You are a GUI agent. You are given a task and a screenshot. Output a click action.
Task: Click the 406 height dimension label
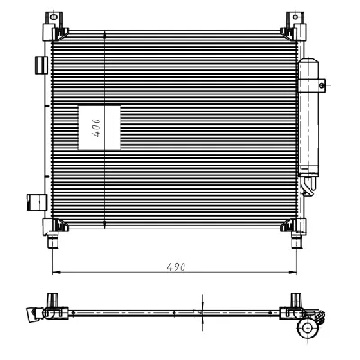pyautogui.click(x=94, y=125)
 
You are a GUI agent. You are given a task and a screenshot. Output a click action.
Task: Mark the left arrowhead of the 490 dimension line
pyautogui.click(x=55, y=270)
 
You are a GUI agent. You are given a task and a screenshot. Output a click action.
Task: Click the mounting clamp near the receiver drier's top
pyautogui.click(x=317, y=83)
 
